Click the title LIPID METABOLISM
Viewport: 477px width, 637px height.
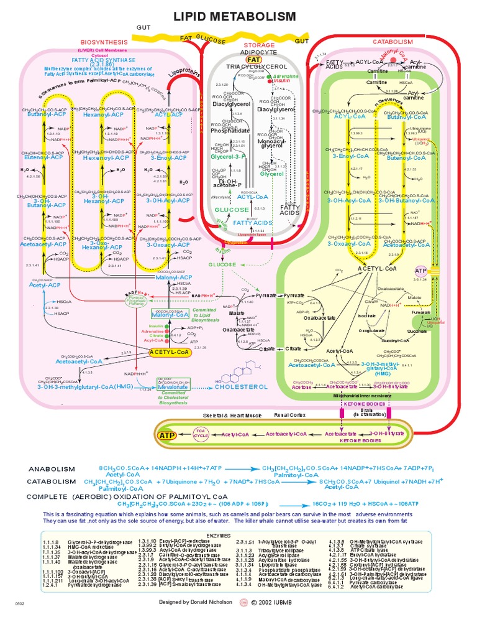(x=238, y=16)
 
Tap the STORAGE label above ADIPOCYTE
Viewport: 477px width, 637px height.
(x=258, y=45)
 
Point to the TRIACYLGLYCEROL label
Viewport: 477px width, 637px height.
(x=257, y=67)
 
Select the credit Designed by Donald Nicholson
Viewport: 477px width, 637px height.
(x=194, y=619)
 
